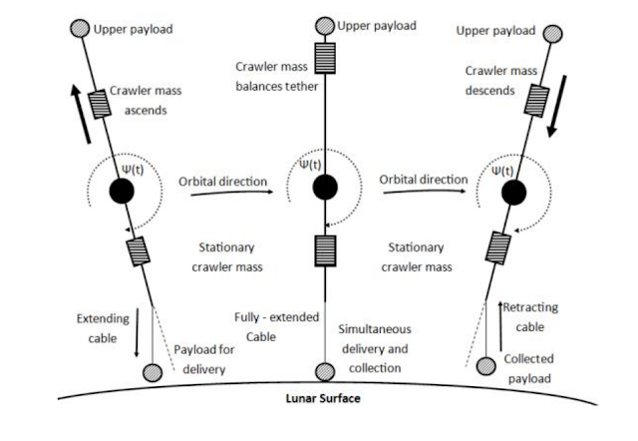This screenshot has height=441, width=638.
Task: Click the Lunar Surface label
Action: [x=323, y=398]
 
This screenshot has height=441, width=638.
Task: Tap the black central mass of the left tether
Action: [x=122, y=191]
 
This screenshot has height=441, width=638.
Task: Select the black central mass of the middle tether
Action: [x=325, y=187]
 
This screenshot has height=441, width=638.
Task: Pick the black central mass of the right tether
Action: [x=514, y=193]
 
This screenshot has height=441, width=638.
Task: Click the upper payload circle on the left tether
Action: [x=80, y=29]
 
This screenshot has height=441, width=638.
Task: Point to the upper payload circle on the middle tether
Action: [x=325, y=26]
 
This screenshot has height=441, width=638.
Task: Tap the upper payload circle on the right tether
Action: [x=553, y=34]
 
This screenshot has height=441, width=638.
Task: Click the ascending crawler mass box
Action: [x=100, y=105]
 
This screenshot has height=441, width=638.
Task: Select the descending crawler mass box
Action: [x=536, y=101]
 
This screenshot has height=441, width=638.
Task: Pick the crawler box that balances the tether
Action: [x=325, y=58]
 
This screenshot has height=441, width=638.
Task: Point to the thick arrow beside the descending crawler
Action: [x=557, y=106]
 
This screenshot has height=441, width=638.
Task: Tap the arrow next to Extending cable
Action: [x=137, y=332]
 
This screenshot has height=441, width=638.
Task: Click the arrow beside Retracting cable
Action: [x=500, y=326]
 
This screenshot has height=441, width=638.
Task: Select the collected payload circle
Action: [x=486, y=365]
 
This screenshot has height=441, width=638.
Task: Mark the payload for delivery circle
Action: [x=153, y=372]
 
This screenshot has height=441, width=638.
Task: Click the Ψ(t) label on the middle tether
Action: [x=310, y=165]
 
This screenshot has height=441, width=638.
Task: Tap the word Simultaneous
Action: [x=375, y=329]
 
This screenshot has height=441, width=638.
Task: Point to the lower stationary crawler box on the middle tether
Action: [x=325, y=250]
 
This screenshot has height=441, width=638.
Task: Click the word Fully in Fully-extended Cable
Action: [x=246, y=317]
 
